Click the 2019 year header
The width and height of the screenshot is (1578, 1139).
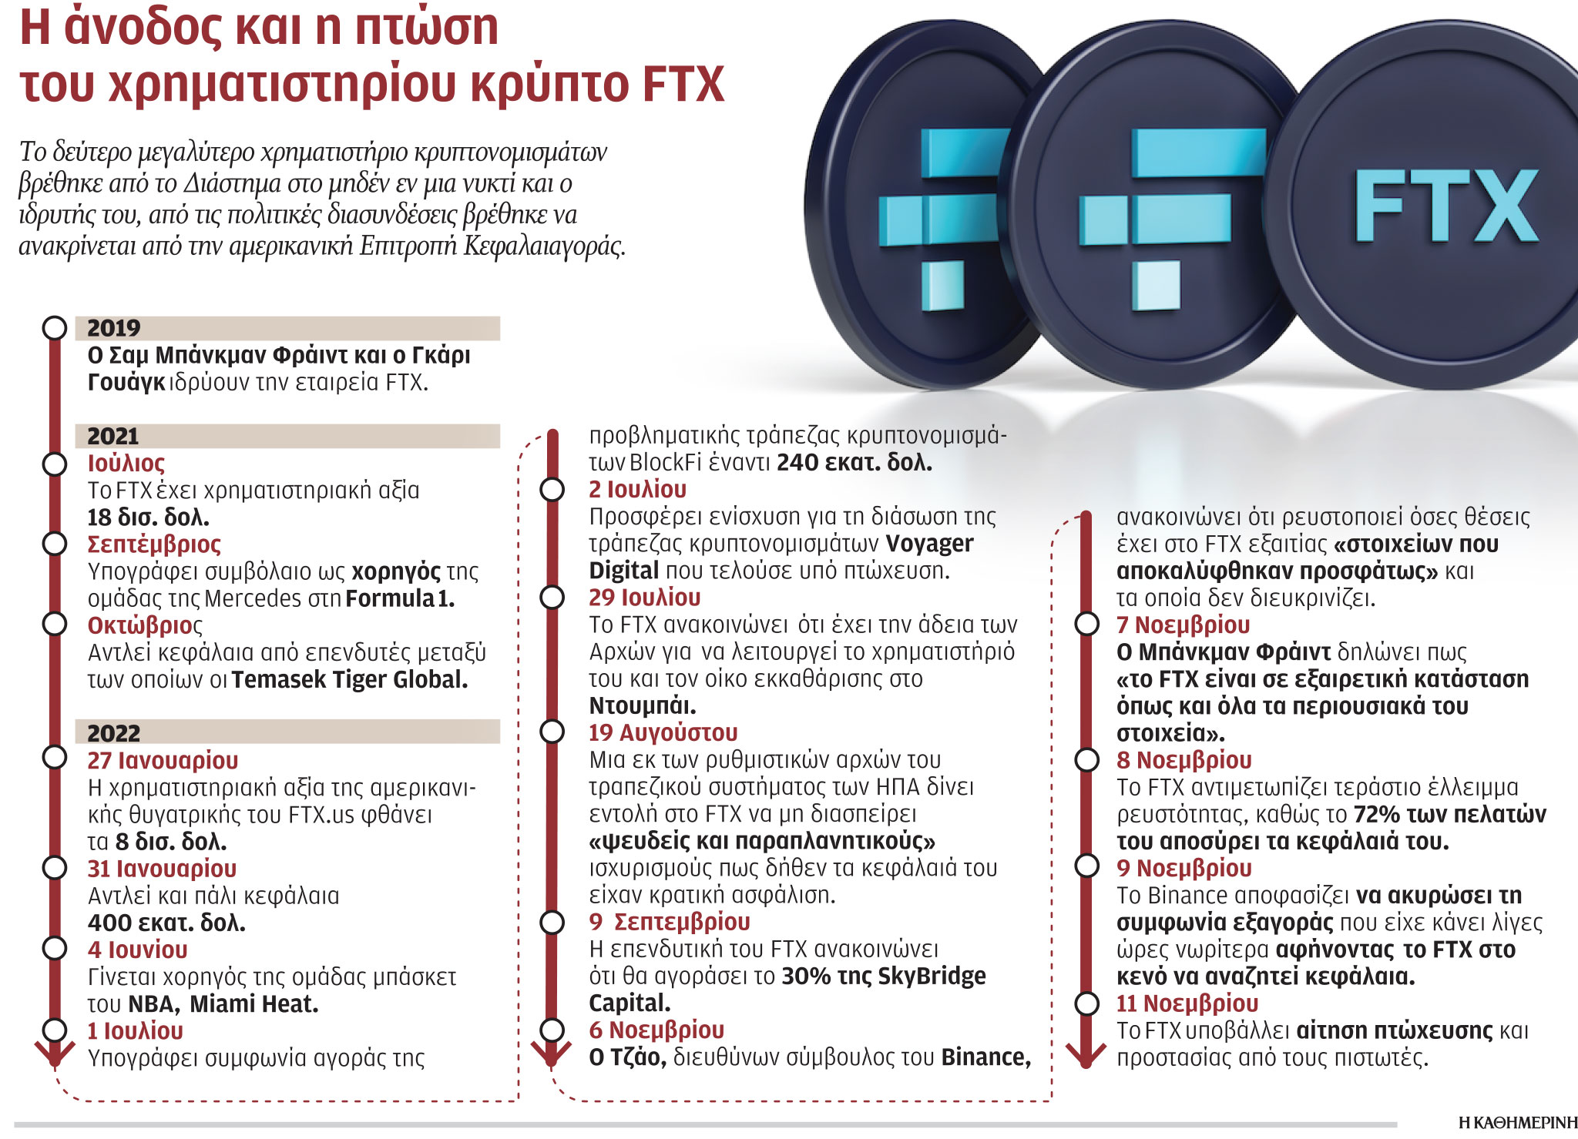[x=113, y=328]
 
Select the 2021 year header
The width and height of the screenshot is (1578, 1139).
[x=112, y=436]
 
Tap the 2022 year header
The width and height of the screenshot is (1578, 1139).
[x=113, y=732]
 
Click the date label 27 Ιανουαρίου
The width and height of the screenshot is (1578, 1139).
[x=163, y=760]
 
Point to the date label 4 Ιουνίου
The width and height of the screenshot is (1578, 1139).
[x=137, y=950]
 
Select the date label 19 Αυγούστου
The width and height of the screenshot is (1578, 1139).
[x=663, y=732]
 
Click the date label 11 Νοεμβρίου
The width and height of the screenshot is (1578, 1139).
[x=1187, y=1003]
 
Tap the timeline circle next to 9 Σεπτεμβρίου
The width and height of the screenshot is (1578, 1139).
[x=552, y=922]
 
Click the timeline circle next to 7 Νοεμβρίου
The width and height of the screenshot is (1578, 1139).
[x=1086, y=625]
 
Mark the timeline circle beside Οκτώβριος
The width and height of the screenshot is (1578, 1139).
[x=55, y=624]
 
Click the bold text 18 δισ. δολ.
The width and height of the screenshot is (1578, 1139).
[x=148, y=518]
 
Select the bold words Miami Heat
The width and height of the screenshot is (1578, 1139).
[x=253, y=1004]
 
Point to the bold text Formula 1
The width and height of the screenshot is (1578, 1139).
[x=400, y=598]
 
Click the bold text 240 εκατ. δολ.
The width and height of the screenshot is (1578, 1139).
[x=854, y=463]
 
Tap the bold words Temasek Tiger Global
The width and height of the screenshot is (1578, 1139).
[x=349, y=680]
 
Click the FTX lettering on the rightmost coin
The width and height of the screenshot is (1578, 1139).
[x=1446, y=206]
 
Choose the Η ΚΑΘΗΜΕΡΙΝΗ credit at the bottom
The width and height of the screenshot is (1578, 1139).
[x=1517, y=1123]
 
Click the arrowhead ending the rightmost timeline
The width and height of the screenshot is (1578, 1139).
[x=1086, y=1059]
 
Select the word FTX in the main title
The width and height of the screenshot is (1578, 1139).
[x=683, y=85]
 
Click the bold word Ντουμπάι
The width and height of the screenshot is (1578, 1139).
[x=642, y=705]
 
